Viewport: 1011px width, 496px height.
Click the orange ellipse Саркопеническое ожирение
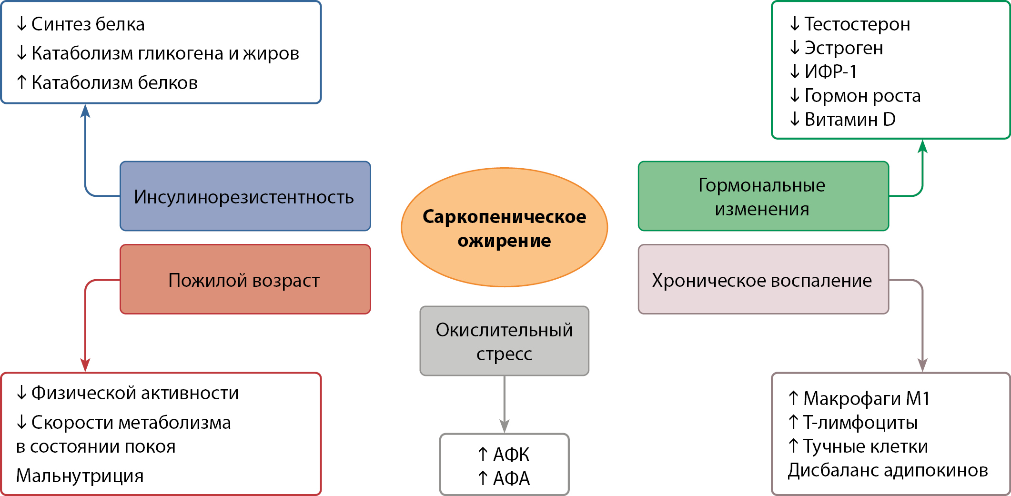[x=504, y=227]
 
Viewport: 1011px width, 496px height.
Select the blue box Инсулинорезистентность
[x=245, y=196]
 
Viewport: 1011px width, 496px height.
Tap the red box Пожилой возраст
[x=245, y=279]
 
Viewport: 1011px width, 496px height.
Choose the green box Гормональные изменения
[x=763, y=196]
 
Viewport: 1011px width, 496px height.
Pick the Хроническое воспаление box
[x=763, y=279]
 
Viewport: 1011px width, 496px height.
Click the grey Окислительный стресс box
[x=504, y=341]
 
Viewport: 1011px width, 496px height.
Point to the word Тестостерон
[x=857, y=24]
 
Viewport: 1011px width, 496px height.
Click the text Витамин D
[x=849, y=119]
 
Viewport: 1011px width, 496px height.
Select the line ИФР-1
[x=830, y=71]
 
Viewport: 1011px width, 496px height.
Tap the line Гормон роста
[x=862, y=95]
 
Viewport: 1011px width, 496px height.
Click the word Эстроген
[x=843, y=48]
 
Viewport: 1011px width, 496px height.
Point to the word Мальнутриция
[x=80, y=476]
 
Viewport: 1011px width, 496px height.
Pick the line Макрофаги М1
[x=866, y=398]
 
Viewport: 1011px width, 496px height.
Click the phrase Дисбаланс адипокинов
[x=888, y=470]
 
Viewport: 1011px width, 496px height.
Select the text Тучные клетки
[x=865, y=446]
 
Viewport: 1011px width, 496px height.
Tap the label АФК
[x=511, y=455]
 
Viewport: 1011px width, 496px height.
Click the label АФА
[x=511, y=478]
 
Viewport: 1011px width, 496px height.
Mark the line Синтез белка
[x=88, y=24]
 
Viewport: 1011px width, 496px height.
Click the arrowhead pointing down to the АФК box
[x=504, y=426]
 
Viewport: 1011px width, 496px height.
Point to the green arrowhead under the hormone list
[x=922, y=146]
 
